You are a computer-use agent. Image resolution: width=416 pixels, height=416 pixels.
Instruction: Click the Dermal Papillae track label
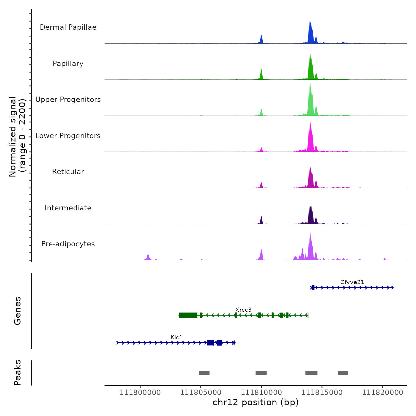point(68,27)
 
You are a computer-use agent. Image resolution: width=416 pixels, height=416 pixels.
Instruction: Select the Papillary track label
point(68,64)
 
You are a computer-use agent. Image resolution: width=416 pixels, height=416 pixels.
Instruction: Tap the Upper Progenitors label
point(68,100)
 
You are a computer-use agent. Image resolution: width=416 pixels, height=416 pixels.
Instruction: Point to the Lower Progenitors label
point(68,136)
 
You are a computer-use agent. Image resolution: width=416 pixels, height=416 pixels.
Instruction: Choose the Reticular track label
point(68,172)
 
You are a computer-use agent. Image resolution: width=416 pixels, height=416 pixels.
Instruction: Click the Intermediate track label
point(68,208)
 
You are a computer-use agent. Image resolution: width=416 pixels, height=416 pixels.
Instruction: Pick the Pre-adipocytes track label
point(68,244)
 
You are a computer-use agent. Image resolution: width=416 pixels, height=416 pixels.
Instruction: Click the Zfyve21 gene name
point(352,282)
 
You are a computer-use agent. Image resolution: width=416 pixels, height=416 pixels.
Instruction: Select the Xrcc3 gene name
point(243,310)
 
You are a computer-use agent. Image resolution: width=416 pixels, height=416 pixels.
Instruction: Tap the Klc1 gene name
point(177,337)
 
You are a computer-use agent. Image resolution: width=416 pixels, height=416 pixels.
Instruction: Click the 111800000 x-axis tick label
point(140,392)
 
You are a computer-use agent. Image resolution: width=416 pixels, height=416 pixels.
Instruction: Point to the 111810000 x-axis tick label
point(261,392)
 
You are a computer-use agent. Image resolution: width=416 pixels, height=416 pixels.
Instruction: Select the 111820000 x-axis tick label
point(382,392)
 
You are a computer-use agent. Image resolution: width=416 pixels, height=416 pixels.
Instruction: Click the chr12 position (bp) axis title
point(256,402)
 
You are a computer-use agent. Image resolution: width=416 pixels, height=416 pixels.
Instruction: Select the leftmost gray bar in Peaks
point(204,373)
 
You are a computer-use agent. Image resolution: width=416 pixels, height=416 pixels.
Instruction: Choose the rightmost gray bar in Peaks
point(343,373)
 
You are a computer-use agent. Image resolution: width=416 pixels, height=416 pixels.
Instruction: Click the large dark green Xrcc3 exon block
point(188,315)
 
